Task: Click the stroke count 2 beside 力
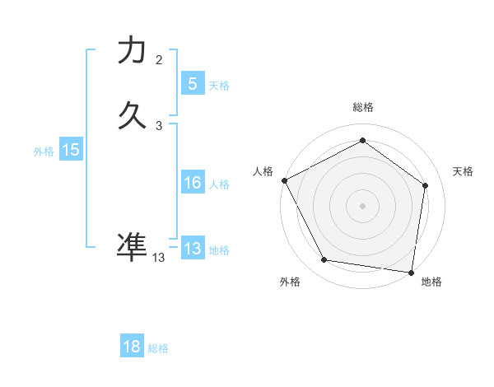point(159,60)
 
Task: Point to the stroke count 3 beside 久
point(159,126)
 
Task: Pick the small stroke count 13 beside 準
point(159,258)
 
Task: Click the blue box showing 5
point(192,83)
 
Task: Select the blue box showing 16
point(192,183)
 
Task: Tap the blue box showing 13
point(192,248)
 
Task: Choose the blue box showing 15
point(71,150)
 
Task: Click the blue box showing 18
point(132,347)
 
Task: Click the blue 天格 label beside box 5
point(219,85)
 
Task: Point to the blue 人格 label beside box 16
point(219,184)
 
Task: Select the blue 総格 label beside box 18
point(158,348)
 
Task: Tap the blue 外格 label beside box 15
point(44,152)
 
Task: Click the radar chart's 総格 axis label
point(362,107)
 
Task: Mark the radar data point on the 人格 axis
point(284,180)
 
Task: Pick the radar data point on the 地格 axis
point(411,272)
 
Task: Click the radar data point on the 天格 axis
point(425,185)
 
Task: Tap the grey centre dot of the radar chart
point(362,205)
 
